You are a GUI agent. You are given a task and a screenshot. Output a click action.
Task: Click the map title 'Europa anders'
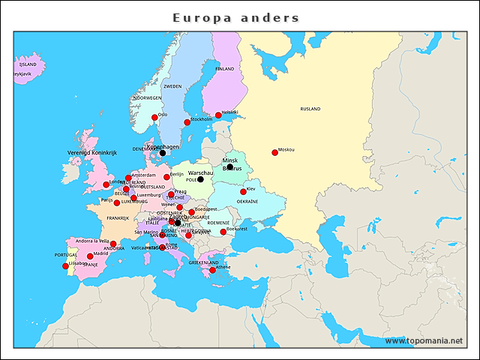[236, 17]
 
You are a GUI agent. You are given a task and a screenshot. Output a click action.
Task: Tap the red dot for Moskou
[274, 153]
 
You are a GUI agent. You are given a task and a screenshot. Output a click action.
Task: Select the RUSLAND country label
[310, 109]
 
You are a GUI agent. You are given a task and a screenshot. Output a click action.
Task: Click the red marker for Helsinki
[218, 115]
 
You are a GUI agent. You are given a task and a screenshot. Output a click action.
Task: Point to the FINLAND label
[225, 68]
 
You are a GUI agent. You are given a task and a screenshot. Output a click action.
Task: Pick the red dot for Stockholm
[187, 122]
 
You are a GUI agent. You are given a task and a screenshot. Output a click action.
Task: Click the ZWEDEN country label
[172, 86]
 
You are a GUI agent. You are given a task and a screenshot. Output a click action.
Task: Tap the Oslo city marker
[154, 118]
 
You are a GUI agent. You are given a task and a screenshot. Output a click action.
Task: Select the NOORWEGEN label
[147, 98]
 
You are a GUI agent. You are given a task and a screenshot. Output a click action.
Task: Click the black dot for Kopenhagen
[163, 153]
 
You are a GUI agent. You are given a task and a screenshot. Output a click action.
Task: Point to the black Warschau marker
[200, 179]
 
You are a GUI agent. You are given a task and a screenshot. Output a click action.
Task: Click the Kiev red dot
[243, 192]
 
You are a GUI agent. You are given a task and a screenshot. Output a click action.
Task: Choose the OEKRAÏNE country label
[247, 202]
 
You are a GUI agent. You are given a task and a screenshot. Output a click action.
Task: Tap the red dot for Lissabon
[65, 266]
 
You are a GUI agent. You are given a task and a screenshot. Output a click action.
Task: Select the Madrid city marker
[90, 256]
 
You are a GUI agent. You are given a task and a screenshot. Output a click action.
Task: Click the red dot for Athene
[212, 270]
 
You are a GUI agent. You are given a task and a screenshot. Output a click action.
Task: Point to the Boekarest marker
[223, 232]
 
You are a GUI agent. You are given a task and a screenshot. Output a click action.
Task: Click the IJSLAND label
[28, 65]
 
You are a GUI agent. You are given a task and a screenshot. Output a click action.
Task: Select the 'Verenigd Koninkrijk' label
[93, 152]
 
